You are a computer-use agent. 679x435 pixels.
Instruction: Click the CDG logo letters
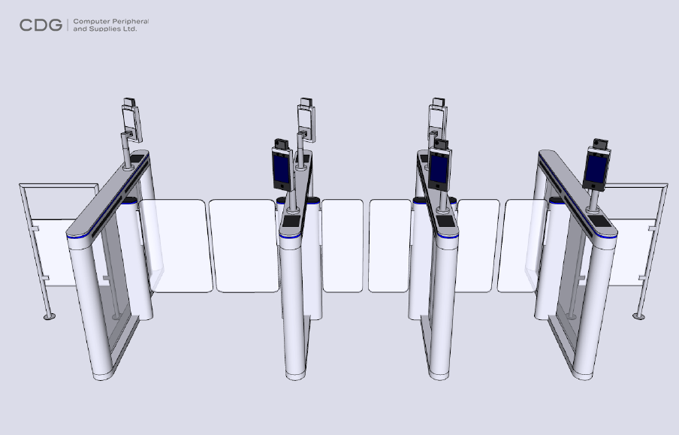41,26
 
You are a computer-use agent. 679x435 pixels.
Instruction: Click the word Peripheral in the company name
131,22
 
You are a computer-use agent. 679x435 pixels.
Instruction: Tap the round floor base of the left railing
49,316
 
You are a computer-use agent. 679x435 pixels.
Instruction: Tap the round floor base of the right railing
639,316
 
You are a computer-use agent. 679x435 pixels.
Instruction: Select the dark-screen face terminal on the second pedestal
282,170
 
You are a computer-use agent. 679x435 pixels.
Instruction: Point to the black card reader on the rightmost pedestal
602,220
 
